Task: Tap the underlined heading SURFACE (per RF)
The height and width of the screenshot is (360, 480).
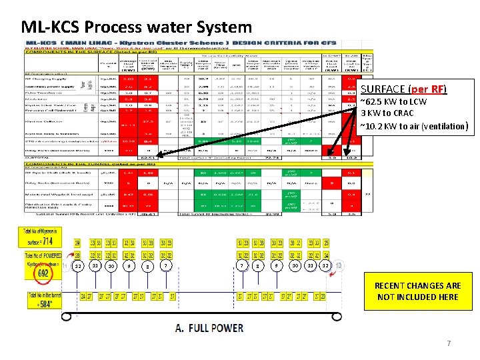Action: click(403, 89)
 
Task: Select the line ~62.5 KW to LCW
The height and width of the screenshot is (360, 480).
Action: click(393, 102)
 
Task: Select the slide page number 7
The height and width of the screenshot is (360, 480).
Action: click(449, 343)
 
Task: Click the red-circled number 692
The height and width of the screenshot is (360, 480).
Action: click(43, 272)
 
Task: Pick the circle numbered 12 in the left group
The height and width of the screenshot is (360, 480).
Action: click(78, 267)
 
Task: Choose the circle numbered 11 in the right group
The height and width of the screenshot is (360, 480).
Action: click(311, 267)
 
